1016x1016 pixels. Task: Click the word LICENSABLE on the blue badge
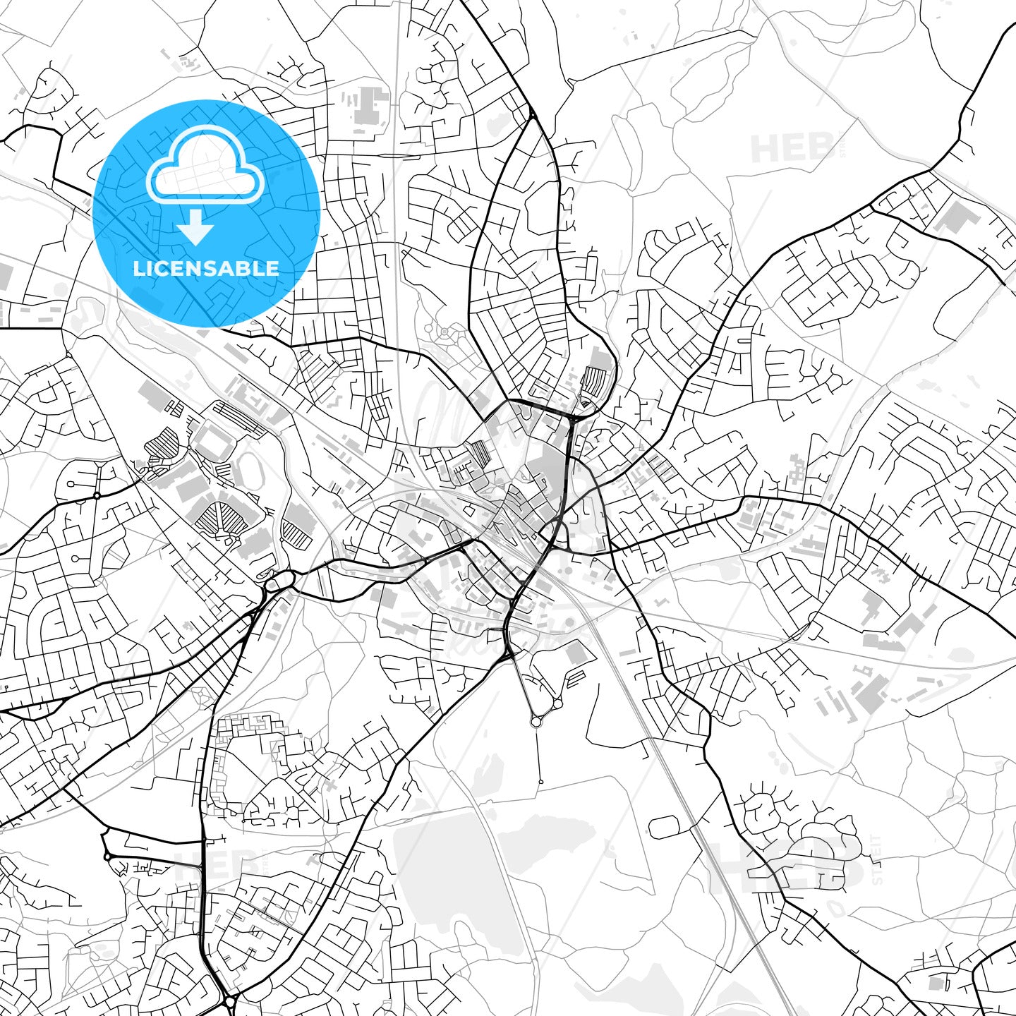pyautogui.click(x=206, y=268)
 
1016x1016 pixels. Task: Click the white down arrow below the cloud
pyautogui.click(x=196, y=229)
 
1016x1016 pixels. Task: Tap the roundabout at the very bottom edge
pyautogui.click(x=230, y=1002)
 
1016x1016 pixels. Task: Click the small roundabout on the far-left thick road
pyautogui.click(x=97, y=496)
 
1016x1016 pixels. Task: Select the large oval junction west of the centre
pyautogui.click(x=278, y=582)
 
